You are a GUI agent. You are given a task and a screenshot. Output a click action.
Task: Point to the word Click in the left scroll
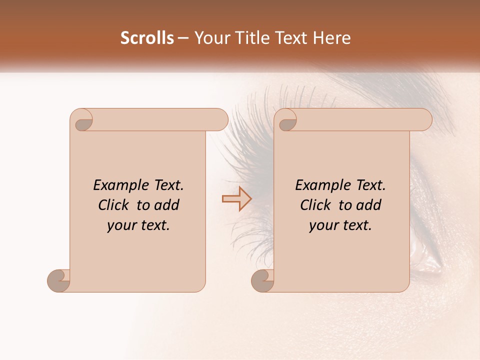coord(115,205)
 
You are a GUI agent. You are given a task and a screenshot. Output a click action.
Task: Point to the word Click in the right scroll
coord(317,205)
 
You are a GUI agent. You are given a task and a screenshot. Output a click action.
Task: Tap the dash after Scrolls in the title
coord(183,38)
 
